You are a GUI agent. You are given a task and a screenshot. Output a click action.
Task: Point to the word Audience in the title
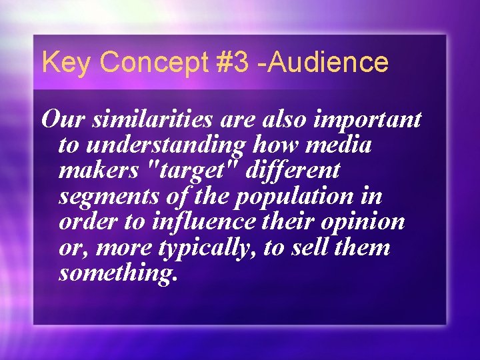(x=333, y=63)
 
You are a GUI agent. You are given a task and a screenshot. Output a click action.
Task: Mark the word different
(x=293, y=171)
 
